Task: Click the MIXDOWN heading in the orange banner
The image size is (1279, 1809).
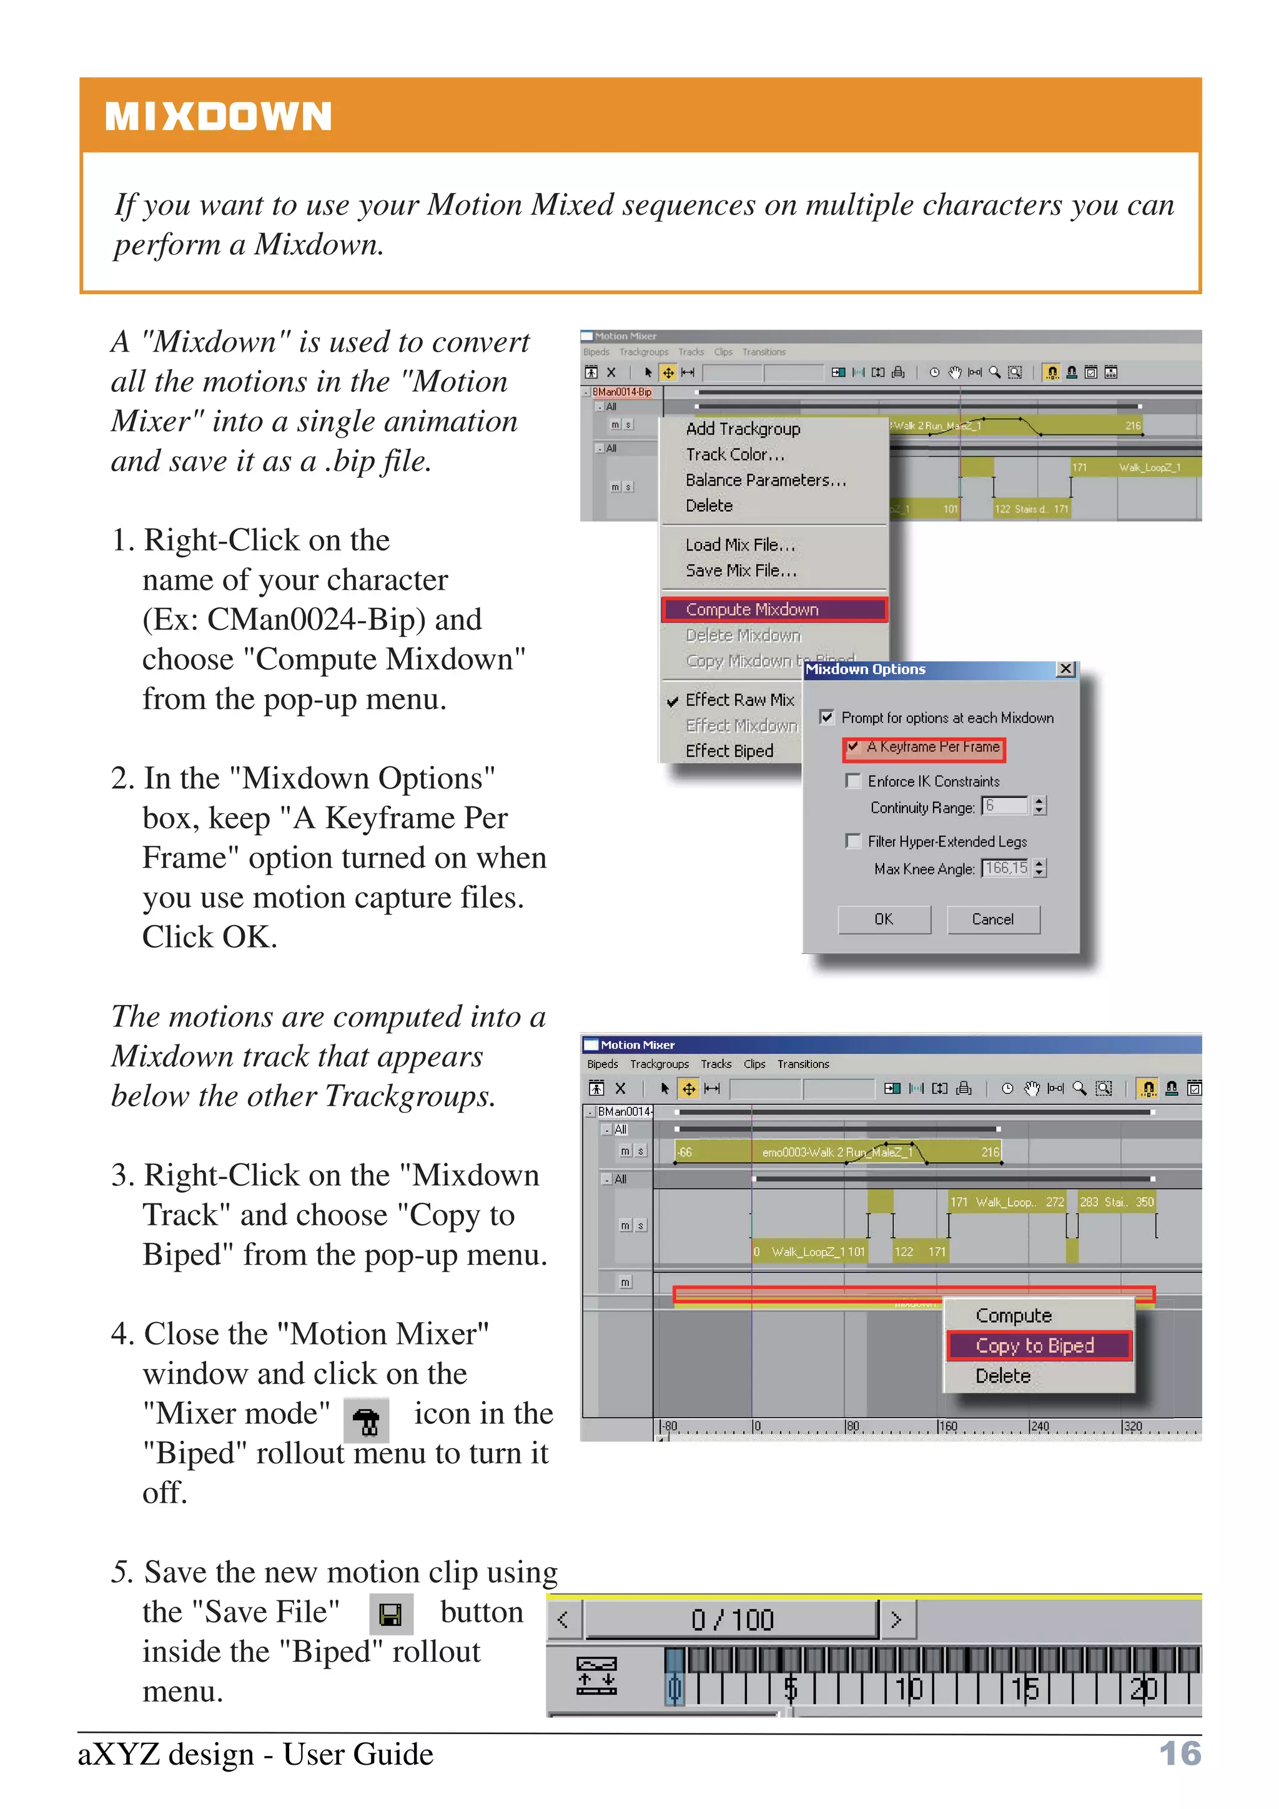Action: tap(219, 117)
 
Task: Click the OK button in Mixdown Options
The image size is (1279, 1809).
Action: tap(884, 919)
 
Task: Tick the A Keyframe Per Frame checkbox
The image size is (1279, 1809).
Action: tap(852, 746)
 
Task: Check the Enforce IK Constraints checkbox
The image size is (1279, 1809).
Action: tap(852, 781)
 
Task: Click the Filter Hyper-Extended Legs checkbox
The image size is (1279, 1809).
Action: tap(852, 841)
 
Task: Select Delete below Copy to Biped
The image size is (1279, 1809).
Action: tap(1003, 1376)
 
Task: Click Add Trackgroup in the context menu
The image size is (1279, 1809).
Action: tap(743, 429)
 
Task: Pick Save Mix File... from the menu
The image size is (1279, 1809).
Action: tap(741, 571)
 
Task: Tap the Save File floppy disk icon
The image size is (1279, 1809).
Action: tap(391, 1616)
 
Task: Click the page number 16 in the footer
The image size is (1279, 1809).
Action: tap(1180, 1754)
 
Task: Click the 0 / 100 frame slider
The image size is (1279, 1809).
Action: tap(731, 1620)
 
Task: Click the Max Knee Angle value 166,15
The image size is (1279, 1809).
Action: tap(1005, 868)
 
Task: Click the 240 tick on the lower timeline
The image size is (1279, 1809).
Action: tap(1039, 1427)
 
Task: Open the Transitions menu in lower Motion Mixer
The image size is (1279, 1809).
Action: tap(803, 1064)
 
